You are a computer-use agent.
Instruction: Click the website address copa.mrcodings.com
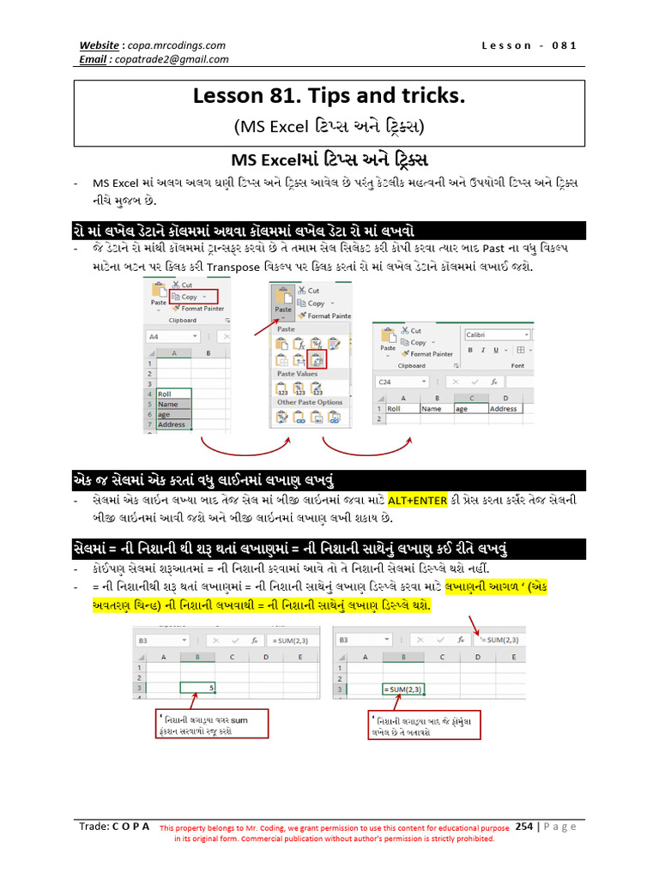(179, 45)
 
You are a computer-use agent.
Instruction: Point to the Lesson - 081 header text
(529, 45)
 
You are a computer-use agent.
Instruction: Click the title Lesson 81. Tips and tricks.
(329, 98)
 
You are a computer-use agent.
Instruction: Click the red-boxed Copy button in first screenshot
(187, 297)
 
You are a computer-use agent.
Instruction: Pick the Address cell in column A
(173, 424)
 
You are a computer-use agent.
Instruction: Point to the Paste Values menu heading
(299, 375)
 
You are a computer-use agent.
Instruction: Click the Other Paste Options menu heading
(309, 401)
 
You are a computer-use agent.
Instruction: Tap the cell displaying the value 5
(199, 686)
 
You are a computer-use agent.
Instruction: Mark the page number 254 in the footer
(523, 827)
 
